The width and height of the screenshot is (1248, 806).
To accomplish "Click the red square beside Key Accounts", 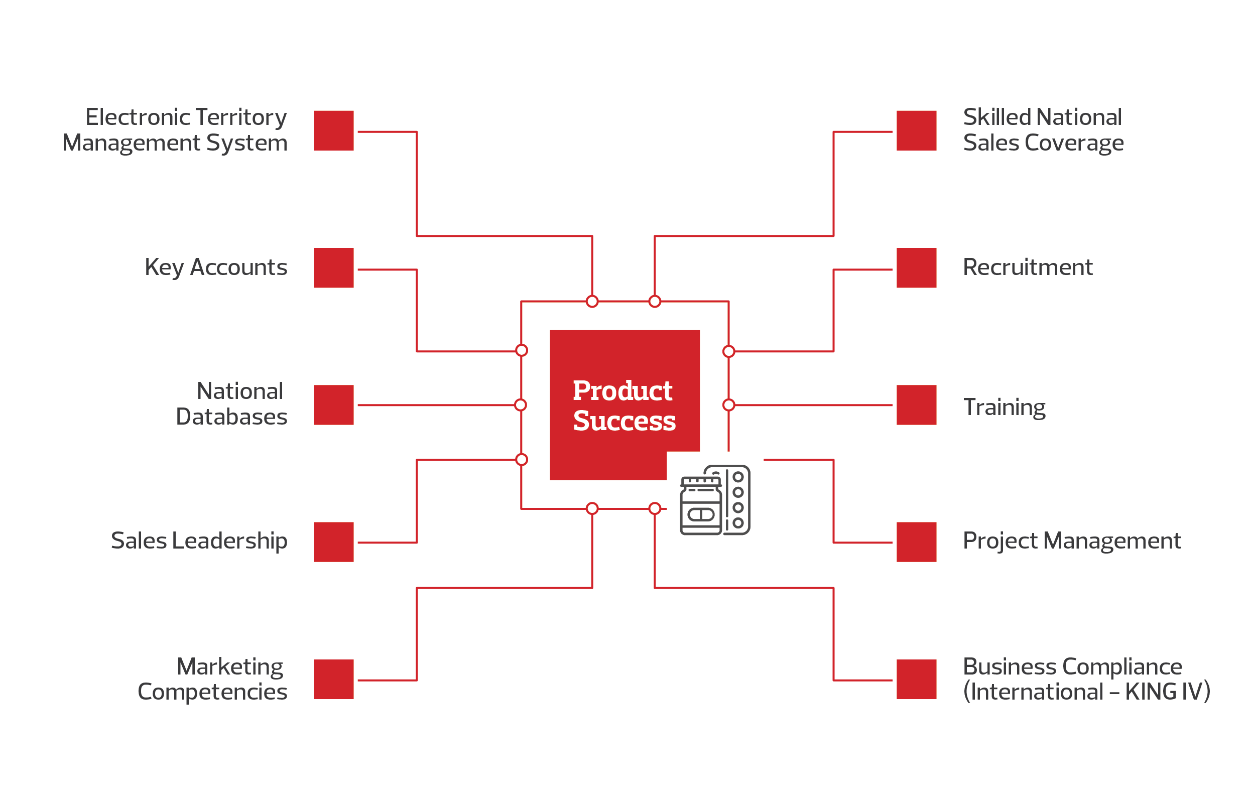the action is click(333, 267).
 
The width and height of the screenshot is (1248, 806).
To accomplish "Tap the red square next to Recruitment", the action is click(916, 267).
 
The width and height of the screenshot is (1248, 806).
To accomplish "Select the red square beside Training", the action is click(916, 405).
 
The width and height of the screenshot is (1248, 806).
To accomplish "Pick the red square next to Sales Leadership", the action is click(333, 542).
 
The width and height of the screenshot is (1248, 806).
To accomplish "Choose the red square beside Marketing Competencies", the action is click(333, 679).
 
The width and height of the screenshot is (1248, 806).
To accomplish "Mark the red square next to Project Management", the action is click(916, 542).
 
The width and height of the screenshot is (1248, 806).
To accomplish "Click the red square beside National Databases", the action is click(333, 405).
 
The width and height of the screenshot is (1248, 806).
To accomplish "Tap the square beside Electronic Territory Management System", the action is click(333, 130).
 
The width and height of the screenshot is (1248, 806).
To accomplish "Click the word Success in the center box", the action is click(625, 421).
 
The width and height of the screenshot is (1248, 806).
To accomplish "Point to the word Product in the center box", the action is click(622, 390).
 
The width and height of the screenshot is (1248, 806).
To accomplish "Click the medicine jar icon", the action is click(701, 505).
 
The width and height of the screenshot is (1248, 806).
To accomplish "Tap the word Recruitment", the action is click(1027, 267).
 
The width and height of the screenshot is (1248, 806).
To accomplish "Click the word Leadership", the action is click(229, 541).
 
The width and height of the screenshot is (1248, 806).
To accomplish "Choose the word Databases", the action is click(231, 417).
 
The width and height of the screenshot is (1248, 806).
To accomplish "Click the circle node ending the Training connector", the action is click(729, 405).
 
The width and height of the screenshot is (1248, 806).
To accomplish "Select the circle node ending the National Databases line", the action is click(521, 405).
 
